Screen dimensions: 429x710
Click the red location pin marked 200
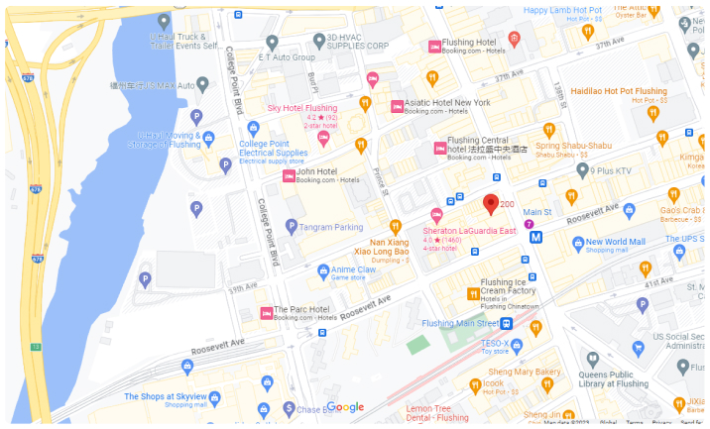click(490, 204)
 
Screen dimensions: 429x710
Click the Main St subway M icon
click(536, 237)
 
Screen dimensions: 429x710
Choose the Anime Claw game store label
click(353, 269)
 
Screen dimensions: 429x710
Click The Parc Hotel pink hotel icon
click(266, 313)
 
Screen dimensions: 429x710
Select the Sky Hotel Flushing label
click(302, 107)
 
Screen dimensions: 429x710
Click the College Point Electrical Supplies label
click(273, 149)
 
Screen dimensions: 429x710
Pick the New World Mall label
click(615, 242)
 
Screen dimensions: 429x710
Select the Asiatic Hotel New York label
click(447, 102)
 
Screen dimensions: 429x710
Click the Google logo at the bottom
click(346, 407)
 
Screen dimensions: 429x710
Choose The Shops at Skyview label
click(166, 396)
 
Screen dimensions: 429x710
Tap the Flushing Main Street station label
click(460, 323)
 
